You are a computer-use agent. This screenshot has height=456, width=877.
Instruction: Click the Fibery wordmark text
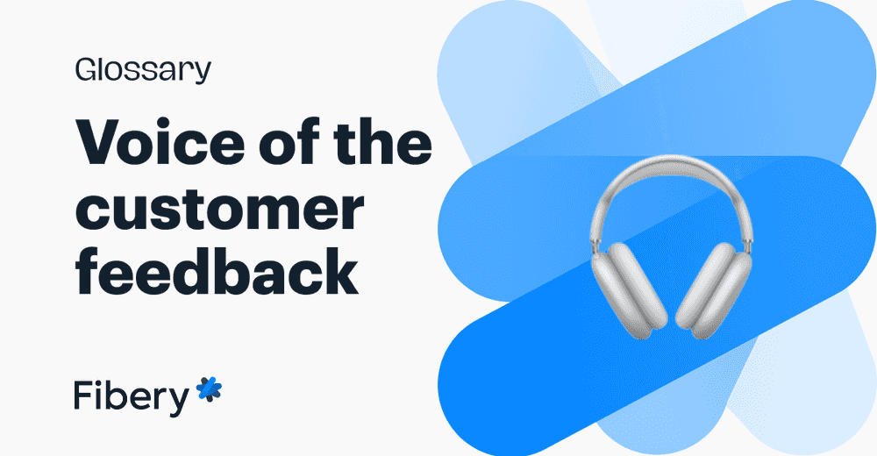pyautogui.click(x=131, y=395)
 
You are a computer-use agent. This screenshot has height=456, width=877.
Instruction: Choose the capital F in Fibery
pyautogui.click(x=82, y=395)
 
